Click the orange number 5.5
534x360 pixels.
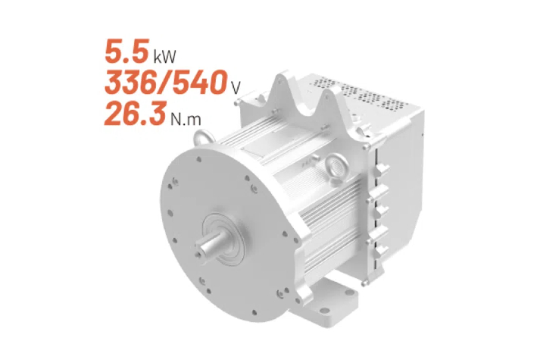pyautogui.click(x=127, y=52)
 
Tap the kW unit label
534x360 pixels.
pyautogui.click(x=165, y=57)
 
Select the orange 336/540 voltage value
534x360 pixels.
pyautogui.click(x=166, y=82)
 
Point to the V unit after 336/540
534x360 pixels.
pyautogui.click(x=236, y=88)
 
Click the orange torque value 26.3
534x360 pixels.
pyautogui.click(x=135, y=113)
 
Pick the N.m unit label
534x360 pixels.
pyautogui.click(x=186, y=118)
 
